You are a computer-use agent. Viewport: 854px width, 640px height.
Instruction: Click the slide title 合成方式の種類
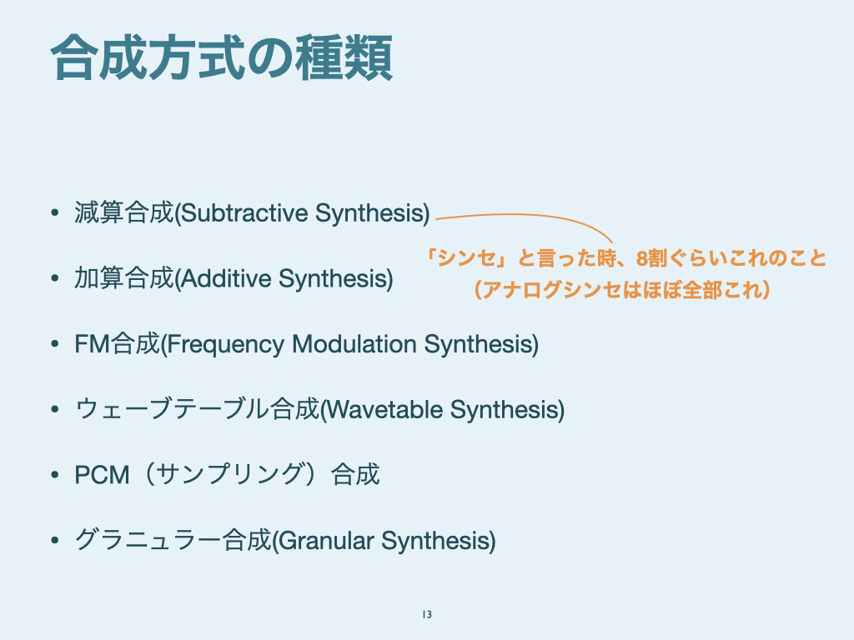tap(222, 57)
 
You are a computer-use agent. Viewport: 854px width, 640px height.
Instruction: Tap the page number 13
tap(427, 614)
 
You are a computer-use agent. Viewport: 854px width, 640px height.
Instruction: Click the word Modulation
tap(354, 344)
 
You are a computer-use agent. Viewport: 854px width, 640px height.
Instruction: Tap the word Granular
tap(326, 541)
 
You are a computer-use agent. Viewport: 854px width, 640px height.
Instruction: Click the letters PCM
tap(102, 475)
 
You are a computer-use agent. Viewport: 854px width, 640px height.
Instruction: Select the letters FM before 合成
tap(92, 344)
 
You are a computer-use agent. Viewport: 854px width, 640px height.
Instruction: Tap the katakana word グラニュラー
tap(148, 540)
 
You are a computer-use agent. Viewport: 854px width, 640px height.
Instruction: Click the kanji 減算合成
tap(124, 212)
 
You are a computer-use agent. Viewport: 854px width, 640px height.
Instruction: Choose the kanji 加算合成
tap(124, 278)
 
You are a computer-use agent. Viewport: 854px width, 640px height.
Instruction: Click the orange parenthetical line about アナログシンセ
tap(622, 289)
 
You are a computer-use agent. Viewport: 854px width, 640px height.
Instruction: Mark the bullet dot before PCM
tap(54, 475)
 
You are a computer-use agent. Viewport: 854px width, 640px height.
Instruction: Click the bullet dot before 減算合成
tap(54, 212)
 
